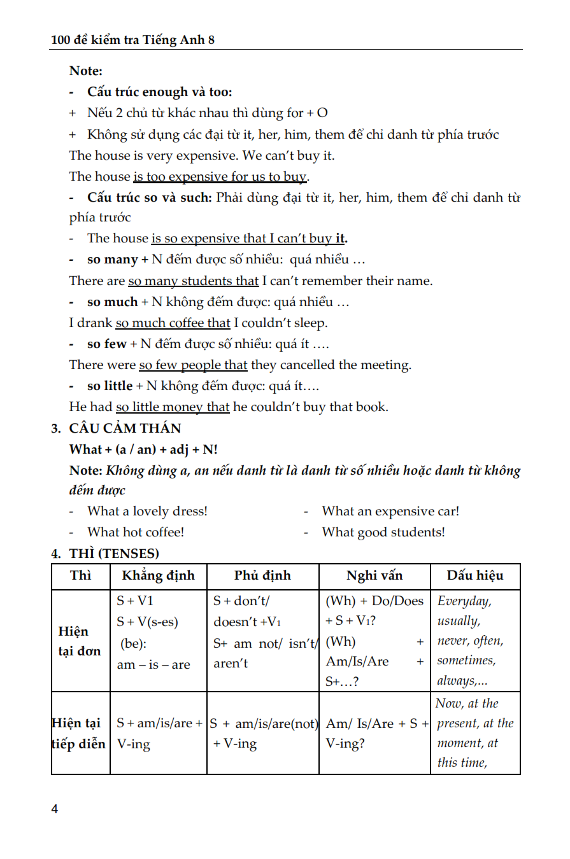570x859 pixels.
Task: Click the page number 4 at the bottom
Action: click(55, 809)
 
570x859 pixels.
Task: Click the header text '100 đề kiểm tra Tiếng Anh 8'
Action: click(132, 39)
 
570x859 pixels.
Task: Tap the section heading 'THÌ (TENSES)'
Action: click(114, 553)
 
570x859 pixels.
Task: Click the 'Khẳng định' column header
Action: click(159, 576)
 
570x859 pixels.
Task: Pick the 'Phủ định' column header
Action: click(262, 576)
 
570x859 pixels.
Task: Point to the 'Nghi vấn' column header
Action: click(374, 576)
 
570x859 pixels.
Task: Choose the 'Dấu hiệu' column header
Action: click(475, 576)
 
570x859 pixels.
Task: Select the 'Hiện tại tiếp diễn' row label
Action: click(80, 733)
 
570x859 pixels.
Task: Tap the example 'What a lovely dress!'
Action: click(147, 511)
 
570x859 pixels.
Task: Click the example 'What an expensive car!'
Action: click(390, 511)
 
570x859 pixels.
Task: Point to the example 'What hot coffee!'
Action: click(136, 532)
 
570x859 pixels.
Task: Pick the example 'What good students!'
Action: click(383, 532)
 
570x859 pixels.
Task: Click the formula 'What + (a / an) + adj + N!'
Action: click(143, 449)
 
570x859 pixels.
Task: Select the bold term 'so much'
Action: click(112, 302)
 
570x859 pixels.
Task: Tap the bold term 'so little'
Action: click(110, 386)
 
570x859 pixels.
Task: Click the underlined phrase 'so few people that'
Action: click(193, 365)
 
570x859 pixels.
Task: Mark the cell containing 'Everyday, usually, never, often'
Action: click(475, 640)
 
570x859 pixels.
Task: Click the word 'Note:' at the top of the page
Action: click(86, 71)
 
